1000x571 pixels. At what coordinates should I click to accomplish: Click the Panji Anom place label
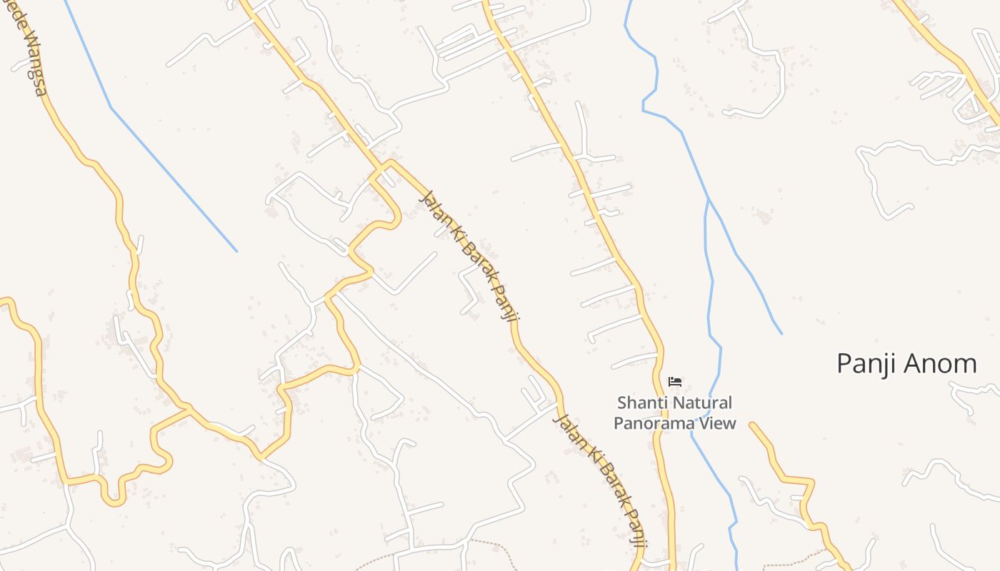pyautogui.click(x=906, y=364)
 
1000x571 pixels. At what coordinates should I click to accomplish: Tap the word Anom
pyautogui.click(x=941, y=364)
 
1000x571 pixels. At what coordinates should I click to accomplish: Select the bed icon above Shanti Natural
pyautogui.click(x=674, y=382)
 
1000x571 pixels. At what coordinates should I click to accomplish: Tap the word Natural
pyautogui.click(x=703, y=403)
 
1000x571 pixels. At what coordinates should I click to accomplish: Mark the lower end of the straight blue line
pyautogui.click(x=236, y=251)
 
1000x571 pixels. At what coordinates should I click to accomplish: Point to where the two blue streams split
pyautogui.click(x=707, y=201)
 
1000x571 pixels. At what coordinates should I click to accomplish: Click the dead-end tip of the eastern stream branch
pyautogui.click(x=781, y=333)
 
